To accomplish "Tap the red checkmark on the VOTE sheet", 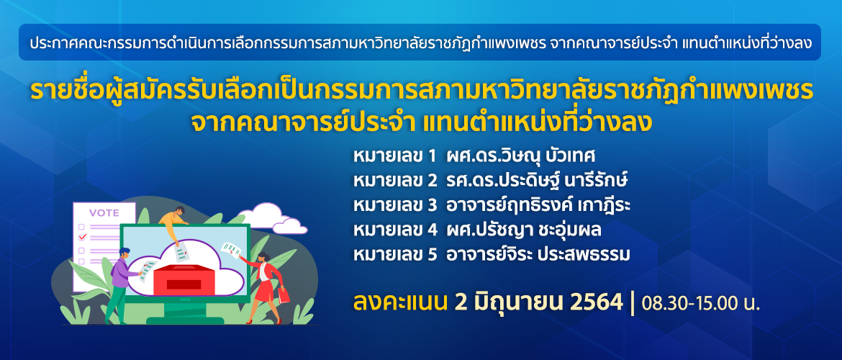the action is tap(82, 236).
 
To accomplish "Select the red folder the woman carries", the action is tap(284, 294).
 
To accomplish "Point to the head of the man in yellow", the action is tap(180, 211).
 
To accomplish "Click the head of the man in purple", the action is tap(124, 252).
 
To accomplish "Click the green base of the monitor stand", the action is tap(186, 320).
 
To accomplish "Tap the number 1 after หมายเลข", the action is tap(432, 157).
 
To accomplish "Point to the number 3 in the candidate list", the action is tap(433, 207).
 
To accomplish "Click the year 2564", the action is tap(596, 303).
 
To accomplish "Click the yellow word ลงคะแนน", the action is tap(400, 303).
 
